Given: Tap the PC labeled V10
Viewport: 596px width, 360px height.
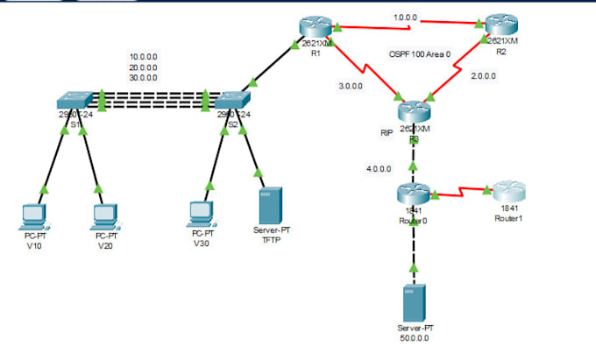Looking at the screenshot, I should pyautogui.click(x=36, y=215).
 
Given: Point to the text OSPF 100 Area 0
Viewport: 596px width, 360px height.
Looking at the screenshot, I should pyautogui.click(x=425, y=54).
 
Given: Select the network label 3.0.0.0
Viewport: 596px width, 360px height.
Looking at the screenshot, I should pyautogui.click(x=351, y=85).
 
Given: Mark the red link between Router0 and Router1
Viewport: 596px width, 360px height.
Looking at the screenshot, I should pyautogui.click(x=459, y=189).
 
